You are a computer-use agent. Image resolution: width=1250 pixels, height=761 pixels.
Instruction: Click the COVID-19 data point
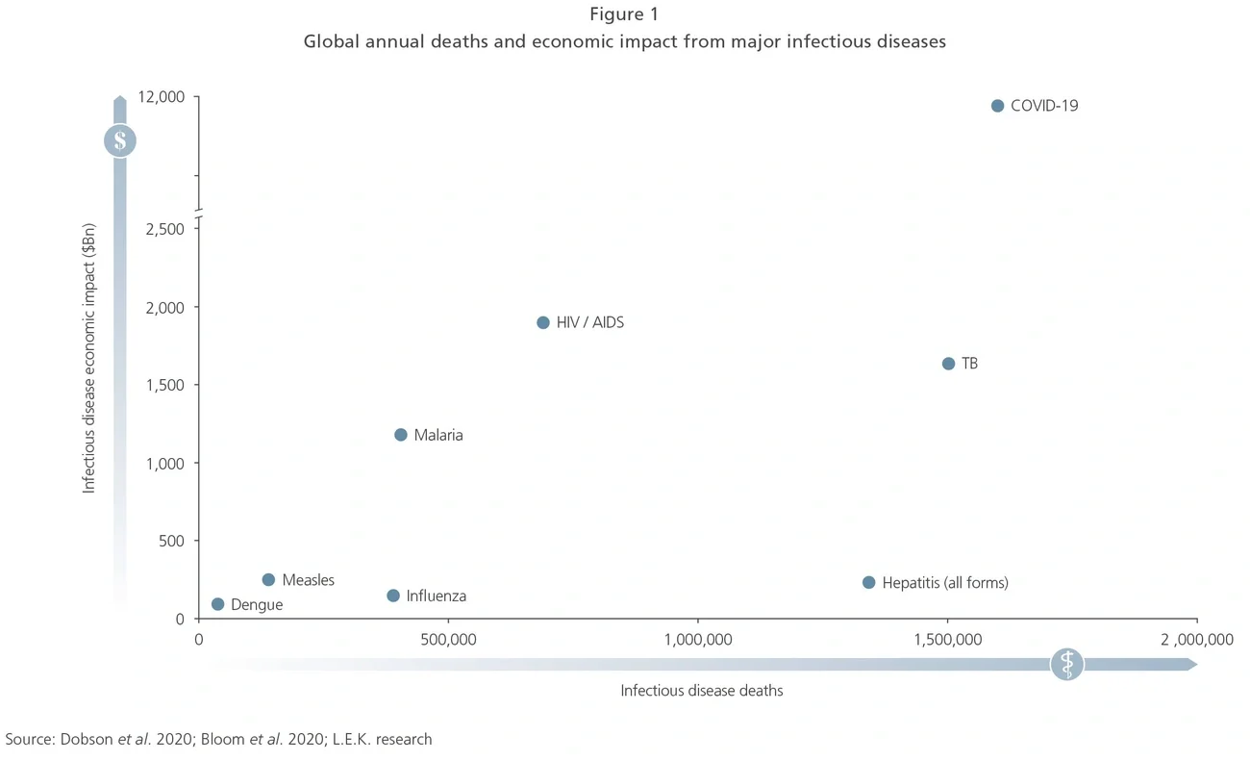pos(997,106)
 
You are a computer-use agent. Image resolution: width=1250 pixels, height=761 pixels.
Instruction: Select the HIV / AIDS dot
pos(543,323)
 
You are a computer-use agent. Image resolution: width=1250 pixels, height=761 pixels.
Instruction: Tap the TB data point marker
pos(948,364)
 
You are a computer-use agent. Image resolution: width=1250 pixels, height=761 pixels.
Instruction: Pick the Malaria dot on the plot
pos(401,435)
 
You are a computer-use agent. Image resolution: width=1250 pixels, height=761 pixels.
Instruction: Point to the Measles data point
pos(268,580)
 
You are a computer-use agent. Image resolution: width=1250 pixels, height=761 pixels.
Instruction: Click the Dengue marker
pos(218,604)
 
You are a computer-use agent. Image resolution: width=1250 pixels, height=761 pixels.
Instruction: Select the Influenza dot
pos(393,596)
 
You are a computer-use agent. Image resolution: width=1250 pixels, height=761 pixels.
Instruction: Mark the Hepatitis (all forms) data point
pos(869,583)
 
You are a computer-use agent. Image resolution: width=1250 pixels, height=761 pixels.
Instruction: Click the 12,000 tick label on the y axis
pos(162,97)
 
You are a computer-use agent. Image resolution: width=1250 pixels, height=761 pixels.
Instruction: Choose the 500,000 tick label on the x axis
pos(448,640)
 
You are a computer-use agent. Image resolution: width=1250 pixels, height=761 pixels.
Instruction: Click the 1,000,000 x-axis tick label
pos(698,640)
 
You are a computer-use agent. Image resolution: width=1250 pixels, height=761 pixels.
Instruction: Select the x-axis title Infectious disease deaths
pos(701,691)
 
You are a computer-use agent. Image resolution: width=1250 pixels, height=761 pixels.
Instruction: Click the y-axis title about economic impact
pos(89,358)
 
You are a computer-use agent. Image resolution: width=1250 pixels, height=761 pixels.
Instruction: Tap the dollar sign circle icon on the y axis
pos(120,141)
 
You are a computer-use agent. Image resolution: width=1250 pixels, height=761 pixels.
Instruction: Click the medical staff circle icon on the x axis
pos(1066,664)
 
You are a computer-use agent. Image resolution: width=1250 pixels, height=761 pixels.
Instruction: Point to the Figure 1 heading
pos(624,14)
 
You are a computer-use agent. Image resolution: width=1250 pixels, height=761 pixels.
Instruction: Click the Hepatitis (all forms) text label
pos(945,583)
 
